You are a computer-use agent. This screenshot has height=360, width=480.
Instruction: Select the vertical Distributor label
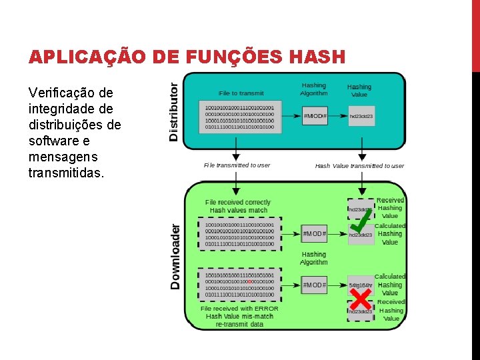(x=174, y=111)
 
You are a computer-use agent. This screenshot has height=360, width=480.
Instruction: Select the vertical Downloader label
(x=175, y=256)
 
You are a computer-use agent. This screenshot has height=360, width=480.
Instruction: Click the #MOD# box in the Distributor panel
(x=315, y=116)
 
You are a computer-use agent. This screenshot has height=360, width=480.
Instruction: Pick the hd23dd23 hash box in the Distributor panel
(x=361, y=116)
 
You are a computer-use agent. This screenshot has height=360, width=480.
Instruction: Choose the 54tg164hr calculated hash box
(x=361, y=285)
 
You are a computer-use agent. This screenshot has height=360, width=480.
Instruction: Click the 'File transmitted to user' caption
(x=237, y=165)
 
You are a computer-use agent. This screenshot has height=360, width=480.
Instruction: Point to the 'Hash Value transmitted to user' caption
(x=359, y=166)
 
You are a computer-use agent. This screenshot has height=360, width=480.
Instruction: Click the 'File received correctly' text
(x=238, y=202)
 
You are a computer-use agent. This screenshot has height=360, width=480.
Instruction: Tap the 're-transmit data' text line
(x=239, y=324)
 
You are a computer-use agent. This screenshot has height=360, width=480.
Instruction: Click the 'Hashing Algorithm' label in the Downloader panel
(x=314, y=258)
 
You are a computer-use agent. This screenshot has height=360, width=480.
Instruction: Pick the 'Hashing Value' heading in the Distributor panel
(x=359, y=91)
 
